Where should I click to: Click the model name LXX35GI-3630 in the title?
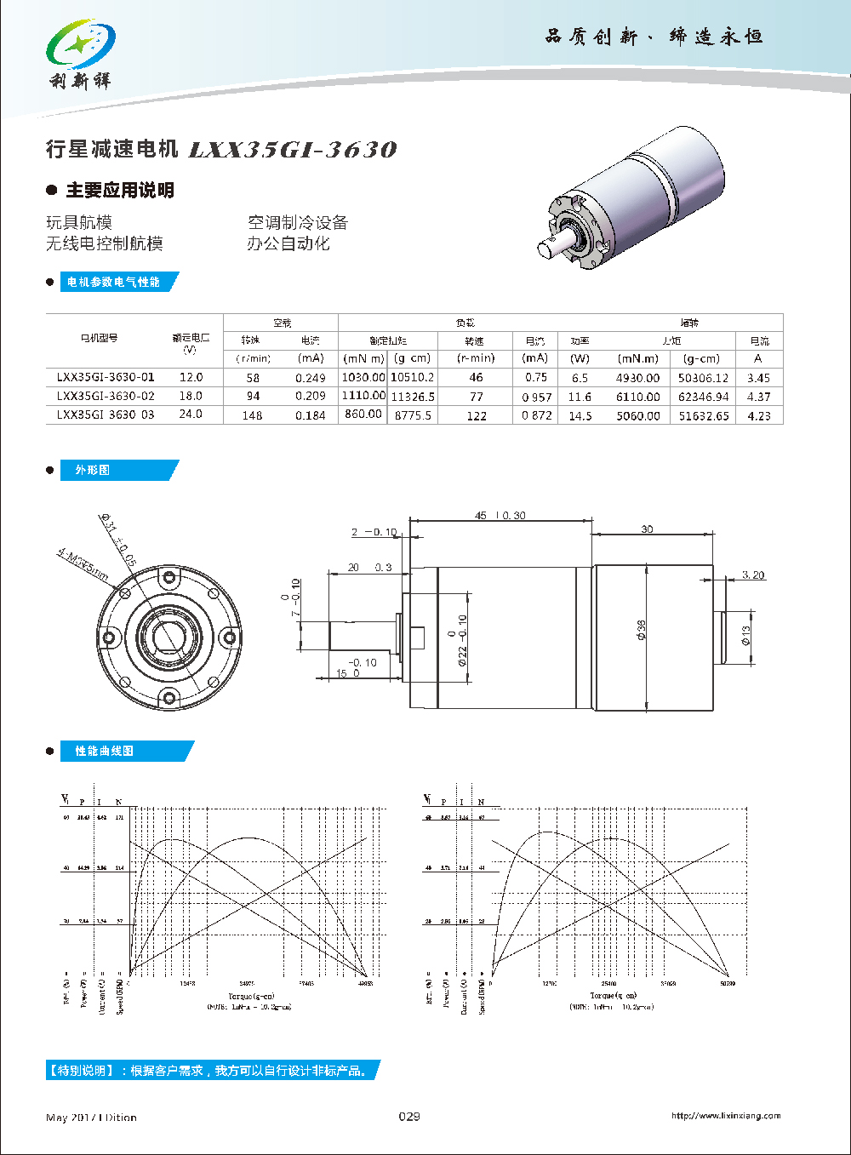292,150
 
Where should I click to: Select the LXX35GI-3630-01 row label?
106,377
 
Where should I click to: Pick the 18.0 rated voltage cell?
191,396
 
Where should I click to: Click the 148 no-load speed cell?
252,415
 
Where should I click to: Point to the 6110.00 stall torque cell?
638,397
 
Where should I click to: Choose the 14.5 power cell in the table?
580,415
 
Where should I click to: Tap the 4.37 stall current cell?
758,397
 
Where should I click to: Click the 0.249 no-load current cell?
311,378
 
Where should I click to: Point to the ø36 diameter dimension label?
641,631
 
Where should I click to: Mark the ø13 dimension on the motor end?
745,636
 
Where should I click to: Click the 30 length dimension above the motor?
647,529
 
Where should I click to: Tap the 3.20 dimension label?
752,575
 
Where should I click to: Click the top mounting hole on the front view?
169,579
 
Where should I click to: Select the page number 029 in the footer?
409,1116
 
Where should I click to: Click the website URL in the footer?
725,1116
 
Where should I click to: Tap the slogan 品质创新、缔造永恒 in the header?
654,37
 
